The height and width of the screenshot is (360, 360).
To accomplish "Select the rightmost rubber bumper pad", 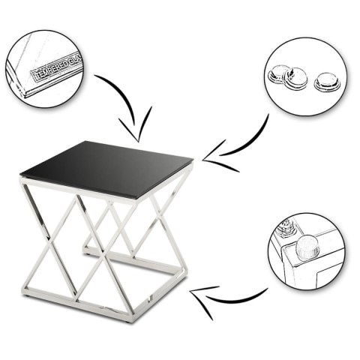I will click(x=327, y=80).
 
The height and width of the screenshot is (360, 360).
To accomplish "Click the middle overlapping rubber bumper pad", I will click(x=295, y=77).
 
